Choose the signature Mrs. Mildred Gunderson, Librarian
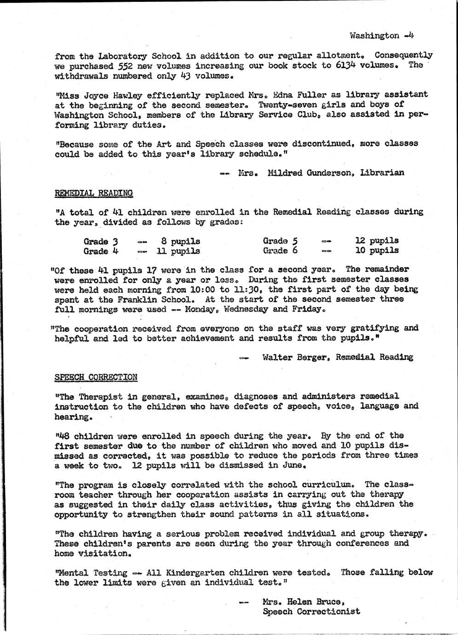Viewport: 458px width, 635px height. coord(321,173)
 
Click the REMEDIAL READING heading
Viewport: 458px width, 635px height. coord(94,193)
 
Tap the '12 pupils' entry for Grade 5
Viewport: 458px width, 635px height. coord(377,240)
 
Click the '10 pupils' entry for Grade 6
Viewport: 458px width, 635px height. coord(377,251)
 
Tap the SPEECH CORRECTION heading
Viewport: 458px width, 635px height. coord(96,377)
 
